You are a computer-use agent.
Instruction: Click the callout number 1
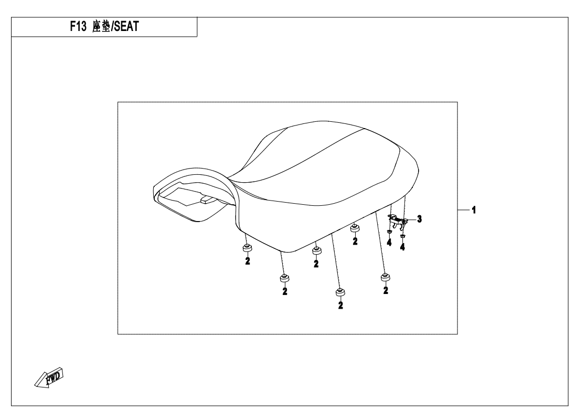474,210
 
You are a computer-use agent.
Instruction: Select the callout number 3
419,219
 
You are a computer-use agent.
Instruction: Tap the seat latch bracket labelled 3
399,220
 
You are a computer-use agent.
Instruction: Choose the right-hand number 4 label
402,247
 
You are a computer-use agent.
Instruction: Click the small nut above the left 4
389,232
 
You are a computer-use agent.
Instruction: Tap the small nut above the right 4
402,237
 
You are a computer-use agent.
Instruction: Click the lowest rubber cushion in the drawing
340,292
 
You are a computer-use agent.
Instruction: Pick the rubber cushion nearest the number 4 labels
386,276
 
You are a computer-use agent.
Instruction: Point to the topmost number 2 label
355,241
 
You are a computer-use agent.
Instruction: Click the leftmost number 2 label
247,261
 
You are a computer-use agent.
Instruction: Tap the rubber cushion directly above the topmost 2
355,228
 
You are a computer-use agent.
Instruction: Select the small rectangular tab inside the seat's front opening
206,199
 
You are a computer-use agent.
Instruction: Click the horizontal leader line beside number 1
463,210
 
